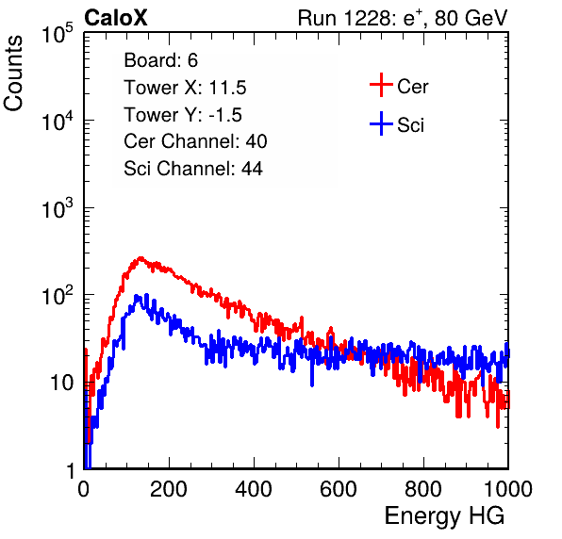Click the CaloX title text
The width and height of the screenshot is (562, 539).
[x=116, y=18]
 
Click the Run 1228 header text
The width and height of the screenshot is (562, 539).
[x=403, y=18]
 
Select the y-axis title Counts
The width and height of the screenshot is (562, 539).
[x=13, y=73]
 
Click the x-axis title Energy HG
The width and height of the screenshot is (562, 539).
[x=444, y=516]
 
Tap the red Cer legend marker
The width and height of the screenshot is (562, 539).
[x=381, y=85]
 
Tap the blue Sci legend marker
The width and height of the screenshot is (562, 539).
[x=381, y=124]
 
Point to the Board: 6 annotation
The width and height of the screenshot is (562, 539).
[x=160, y=60]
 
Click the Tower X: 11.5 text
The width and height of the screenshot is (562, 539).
[x=185, y=88]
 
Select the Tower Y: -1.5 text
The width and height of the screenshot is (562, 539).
[x=183, y=115]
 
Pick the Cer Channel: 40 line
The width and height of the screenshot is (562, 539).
[x=195, y=141]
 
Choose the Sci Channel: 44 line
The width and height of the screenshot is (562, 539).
[x=193, y=169]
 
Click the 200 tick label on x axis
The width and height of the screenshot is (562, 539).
[x=169, y=489]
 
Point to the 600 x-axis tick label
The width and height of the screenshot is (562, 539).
[x=339, y=489]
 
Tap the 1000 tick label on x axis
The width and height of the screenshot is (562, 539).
[x=508, y=489]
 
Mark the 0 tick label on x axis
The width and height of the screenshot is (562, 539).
[x=84, y=489]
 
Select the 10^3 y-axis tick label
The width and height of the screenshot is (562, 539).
[x=58, y=208]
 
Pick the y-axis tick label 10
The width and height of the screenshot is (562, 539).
[x=61, y=384]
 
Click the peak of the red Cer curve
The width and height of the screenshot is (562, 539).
[x=140, y=258]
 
